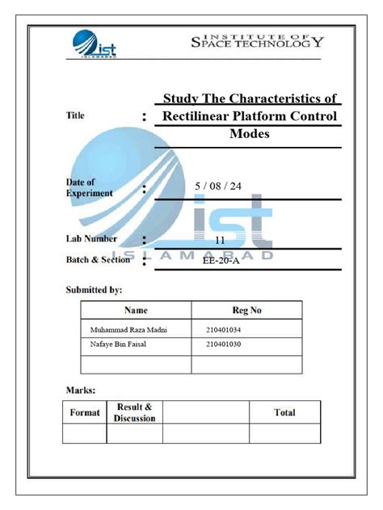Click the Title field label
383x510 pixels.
pyautogui.click(x=74, y=116)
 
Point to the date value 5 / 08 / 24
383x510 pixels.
pyautogui.click(x=218, y=186)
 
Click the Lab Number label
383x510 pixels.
pyautogui.click(x=91, y=239)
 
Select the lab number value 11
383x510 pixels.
pyautogui.click(x=220, y=240)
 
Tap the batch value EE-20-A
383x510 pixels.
pyautogui.click(x=220, y=261)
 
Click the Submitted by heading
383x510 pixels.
pyautogui.click(x=94, y=288)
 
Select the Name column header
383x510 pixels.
pyautogui.click(x=135, y=310)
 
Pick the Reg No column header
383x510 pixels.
pyautogui.click(x=246, y=310)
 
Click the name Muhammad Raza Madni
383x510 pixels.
pyautogui.click(x=124, y=328)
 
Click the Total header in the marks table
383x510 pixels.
pyautogui.click(x=284, y=412)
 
